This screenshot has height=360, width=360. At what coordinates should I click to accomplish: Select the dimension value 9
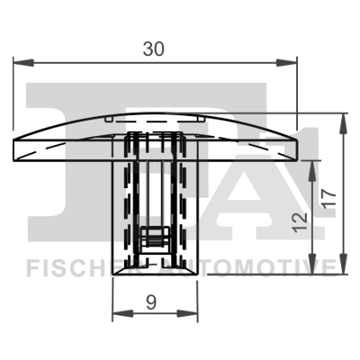153,303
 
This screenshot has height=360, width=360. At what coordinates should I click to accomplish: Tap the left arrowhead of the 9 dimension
116,316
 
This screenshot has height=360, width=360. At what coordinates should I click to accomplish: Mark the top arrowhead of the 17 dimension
343,119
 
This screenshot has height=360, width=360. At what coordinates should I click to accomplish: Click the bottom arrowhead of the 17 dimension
343,269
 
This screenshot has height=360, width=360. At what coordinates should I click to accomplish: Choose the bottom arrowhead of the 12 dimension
313,269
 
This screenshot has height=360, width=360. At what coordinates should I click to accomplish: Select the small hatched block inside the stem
154,238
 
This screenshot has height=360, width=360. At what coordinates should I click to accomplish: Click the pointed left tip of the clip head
15,149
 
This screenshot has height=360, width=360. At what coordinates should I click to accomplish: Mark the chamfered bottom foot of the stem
153,269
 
